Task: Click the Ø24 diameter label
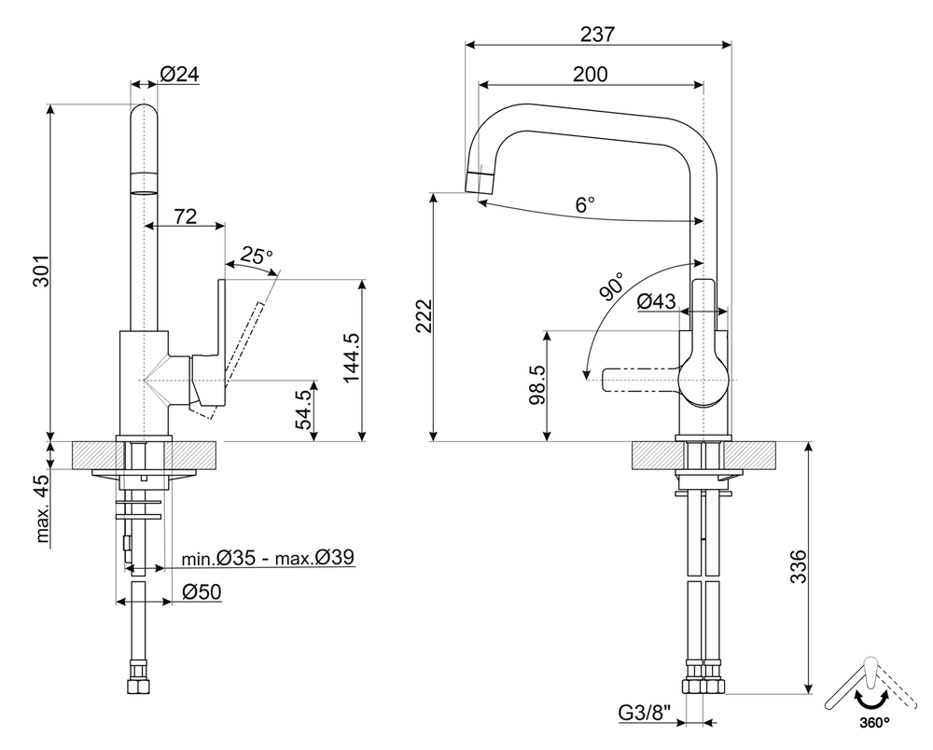(x=180, y=75)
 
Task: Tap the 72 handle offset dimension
(x=185, y=216)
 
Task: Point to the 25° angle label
(x=257, y=255)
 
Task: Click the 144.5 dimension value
(x=351, y=360)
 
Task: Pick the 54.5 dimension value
(x=303, y=411)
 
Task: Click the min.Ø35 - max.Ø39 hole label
(x=267, y=558)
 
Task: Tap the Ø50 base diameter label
(x=202, y=591)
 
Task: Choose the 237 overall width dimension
(x=597, y=34)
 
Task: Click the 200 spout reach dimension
(x=590, y=74)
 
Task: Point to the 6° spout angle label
(x=585, y=205)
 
